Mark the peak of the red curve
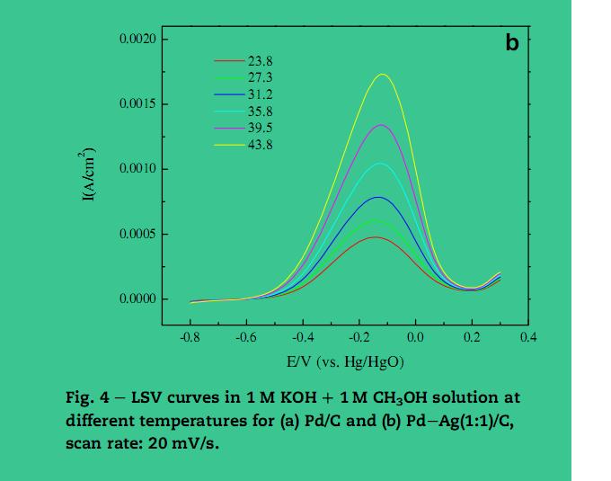[375, 237]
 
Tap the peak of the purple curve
[381, 125]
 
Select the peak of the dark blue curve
[378, 197]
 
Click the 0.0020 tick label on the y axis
[137, 40]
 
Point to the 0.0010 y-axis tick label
[137, 169]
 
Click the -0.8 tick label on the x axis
[189, 338]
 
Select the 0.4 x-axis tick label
[528, 338]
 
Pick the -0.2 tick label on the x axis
[359, 338]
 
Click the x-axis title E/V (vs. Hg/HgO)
[345, 361]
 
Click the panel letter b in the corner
[511, 41]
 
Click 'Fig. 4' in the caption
[86, 397]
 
